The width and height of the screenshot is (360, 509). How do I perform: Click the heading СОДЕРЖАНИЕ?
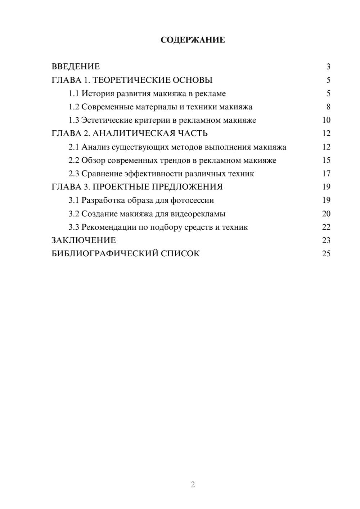[193, 40]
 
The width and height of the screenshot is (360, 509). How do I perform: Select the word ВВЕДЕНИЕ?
[76, 67]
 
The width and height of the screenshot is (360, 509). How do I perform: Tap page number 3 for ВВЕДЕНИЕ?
[328, 67]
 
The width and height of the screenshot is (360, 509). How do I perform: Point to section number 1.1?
[73, 94]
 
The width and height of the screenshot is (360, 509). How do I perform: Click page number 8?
[328, 107]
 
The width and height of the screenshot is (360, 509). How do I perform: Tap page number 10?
[326, 120]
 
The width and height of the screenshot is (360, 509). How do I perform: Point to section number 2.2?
[73, 161]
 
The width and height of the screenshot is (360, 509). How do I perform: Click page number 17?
[326, 174]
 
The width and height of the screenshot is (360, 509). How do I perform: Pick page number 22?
[326, 227]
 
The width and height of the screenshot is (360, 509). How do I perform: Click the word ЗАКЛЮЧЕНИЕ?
[84, 240]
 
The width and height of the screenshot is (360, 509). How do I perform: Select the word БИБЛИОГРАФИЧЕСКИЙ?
[105, 254]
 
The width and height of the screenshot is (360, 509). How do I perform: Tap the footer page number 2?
[193, 485]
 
